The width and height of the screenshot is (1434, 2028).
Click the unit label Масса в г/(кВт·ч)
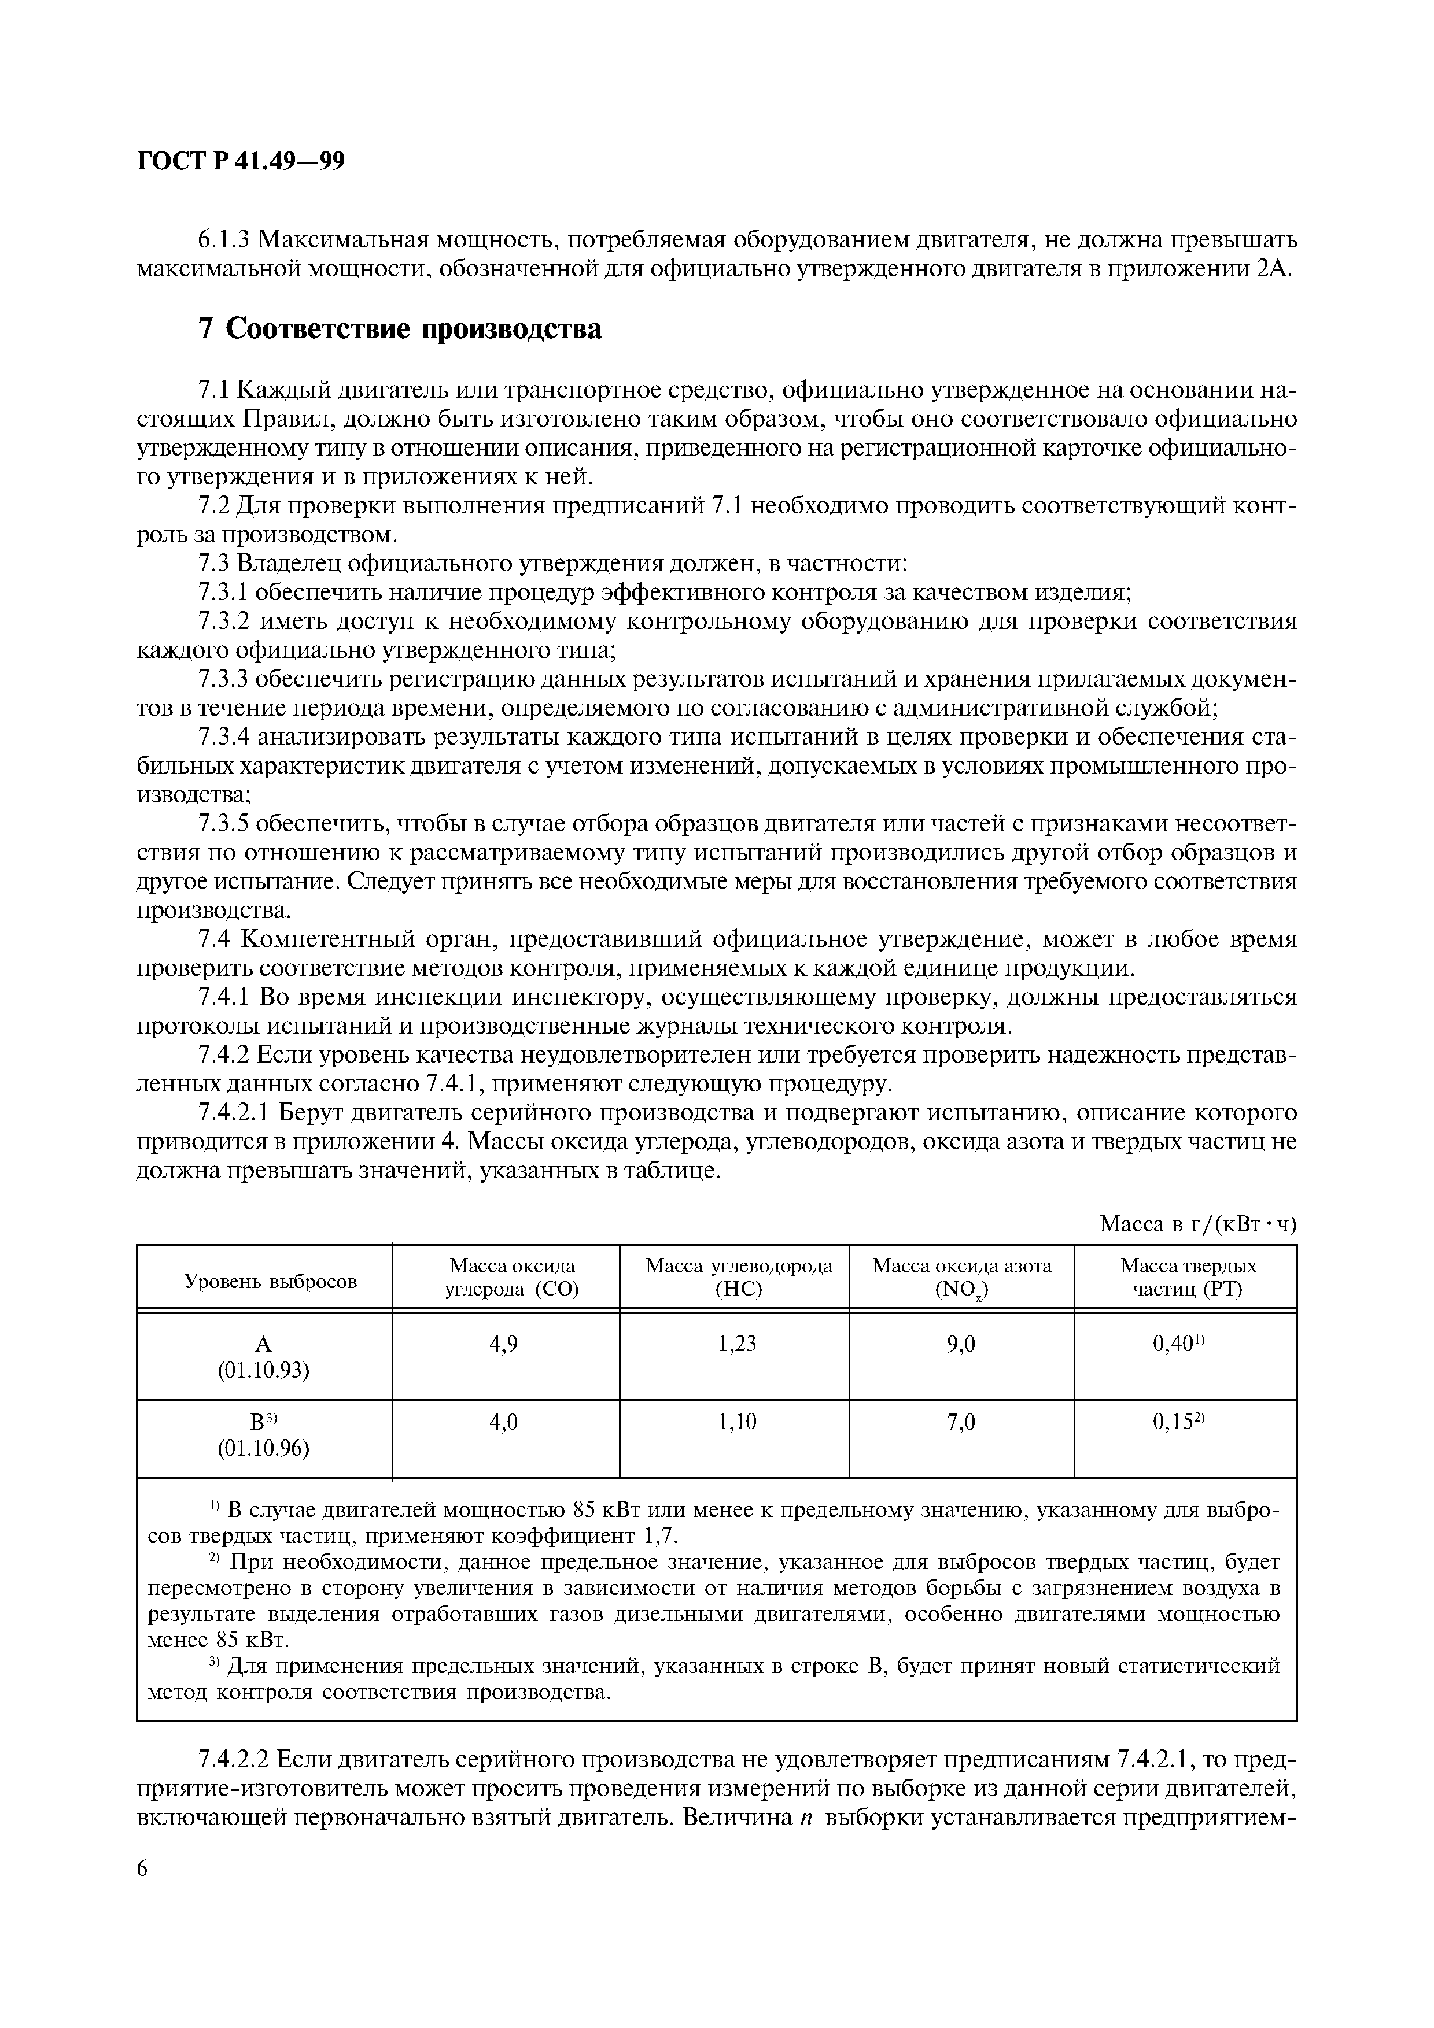click(x=1197, y=1223)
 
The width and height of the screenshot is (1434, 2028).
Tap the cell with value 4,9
click(x=504, y=1344)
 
